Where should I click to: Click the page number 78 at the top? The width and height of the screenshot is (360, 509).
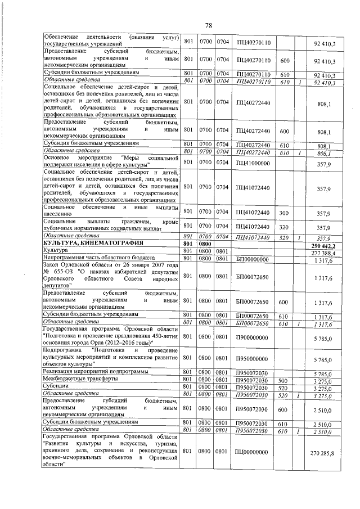coord(208,26)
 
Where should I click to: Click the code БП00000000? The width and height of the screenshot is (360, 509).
coord(253,259)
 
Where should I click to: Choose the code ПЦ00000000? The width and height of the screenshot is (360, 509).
coord(254,452)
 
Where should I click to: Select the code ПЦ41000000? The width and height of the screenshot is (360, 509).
coord(254,163)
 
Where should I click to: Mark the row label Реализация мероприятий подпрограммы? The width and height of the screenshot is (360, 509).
coord(95,372)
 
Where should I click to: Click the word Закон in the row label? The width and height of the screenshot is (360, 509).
coord(55,265)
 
